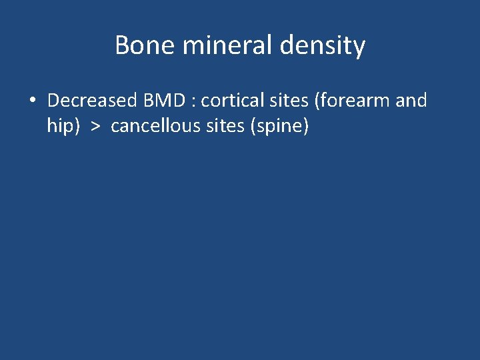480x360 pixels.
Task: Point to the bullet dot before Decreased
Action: coord(32,101)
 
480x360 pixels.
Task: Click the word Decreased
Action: coord(91,101)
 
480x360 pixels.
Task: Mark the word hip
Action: coord(59,127)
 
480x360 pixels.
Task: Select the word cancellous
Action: coord(152,126)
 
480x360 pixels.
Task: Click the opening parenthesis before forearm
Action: coord(318,101)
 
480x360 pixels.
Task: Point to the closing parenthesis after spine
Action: coord(306,127)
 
